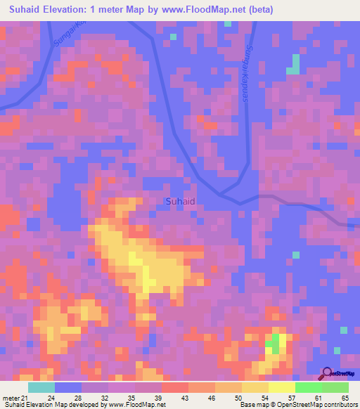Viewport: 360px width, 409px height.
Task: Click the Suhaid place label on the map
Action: (181, 202)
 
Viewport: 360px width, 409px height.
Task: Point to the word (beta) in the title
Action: (258, 10)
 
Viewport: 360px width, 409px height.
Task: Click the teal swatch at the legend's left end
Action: (41, 387)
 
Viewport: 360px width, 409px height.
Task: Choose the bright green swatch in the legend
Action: (308, 387)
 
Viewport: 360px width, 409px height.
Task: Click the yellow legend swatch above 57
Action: (281, 387)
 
